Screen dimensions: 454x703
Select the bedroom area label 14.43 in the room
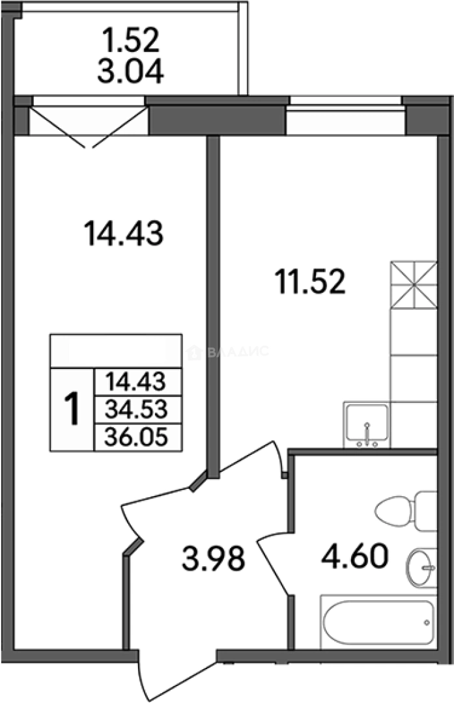coord(124,234)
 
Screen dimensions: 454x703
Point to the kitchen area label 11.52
coord(311,283)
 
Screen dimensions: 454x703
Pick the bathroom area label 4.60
coord(354,556)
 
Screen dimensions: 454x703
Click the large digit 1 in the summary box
coord(72,409)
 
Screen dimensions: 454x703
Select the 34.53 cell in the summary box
coord(137,409)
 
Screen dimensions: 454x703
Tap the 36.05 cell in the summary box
coord(137,437)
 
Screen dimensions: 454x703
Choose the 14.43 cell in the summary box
coord(137,382)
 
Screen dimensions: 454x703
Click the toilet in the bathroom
coord(406,511)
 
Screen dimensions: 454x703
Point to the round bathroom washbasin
coord(421,568)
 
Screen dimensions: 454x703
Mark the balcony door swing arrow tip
coord(89,148)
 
